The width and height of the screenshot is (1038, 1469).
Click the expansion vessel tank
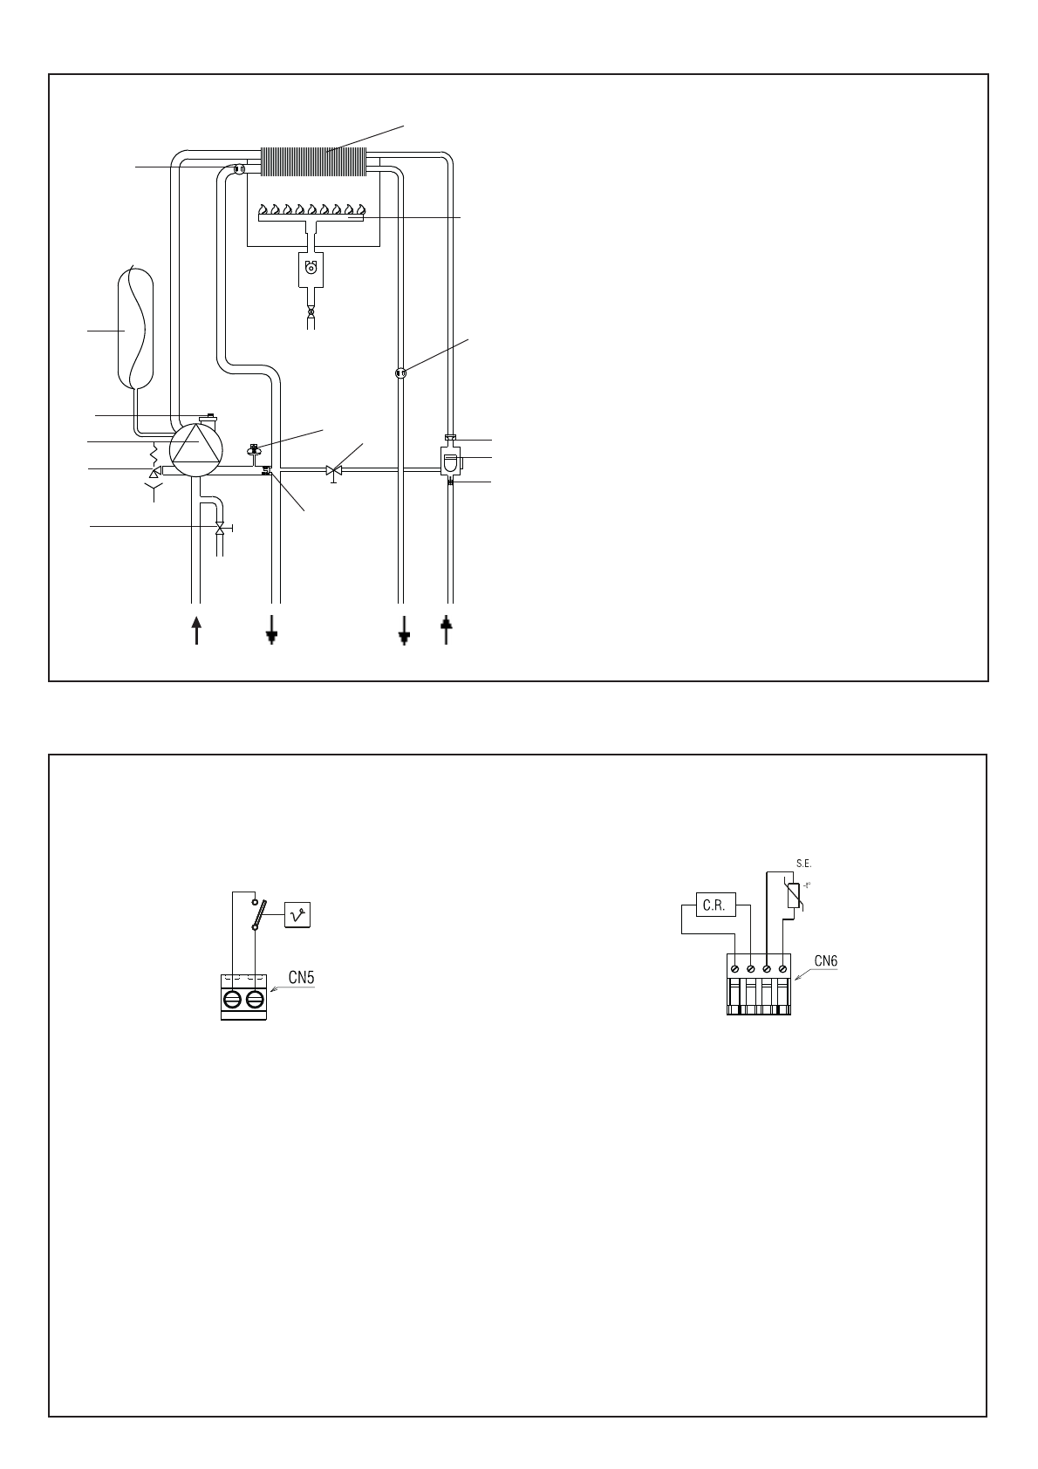[x=135, y=328]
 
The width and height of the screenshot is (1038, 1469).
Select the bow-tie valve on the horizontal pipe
[x=333, y=471]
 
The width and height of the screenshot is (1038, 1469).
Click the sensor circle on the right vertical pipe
[x=400, y=373]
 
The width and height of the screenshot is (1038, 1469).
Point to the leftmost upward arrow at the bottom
[x=196, y=629]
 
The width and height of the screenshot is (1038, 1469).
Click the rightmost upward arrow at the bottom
[x=447, y=629]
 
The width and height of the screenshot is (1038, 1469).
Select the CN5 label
[x=301, y=978]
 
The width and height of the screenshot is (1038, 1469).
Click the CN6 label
[x=825, y=961]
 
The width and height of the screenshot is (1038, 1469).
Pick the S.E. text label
[x=803, y=864]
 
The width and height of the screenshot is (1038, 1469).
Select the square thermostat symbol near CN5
[x=297, y=914]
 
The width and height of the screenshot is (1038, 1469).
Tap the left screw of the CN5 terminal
[x=232, y=1000]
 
